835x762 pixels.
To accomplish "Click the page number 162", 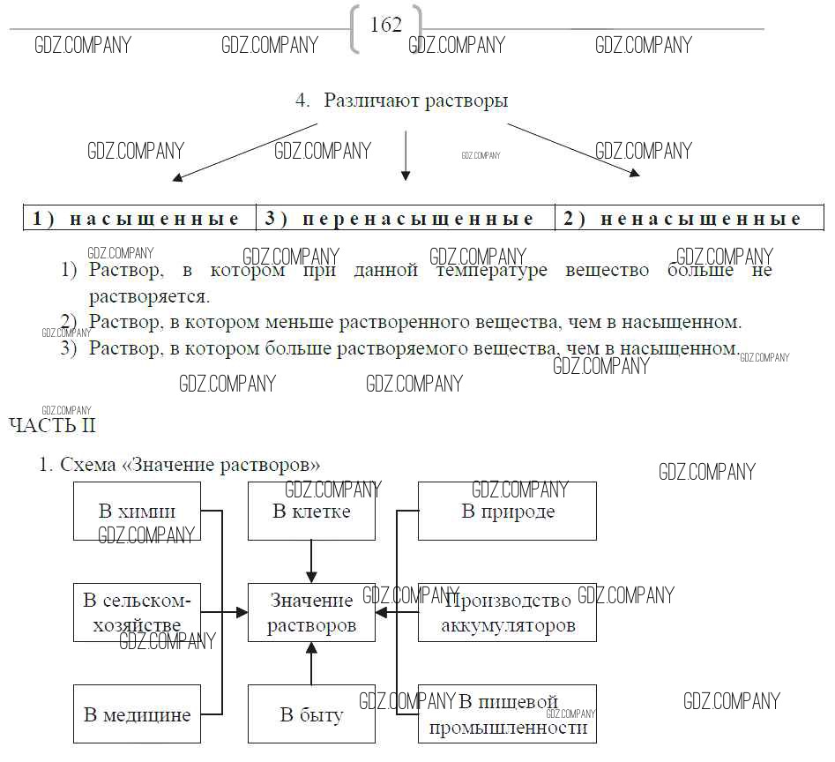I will (x=386, y=26).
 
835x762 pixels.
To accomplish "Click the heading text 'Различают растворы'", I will (x=415, y=101).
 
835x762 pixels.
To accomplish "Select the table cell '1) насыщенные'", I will (x=138, y=219).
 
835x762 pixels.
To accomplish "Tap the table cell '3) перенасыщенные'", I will (x=405, y=219).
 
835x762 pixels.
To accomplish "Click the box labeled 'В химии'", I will (x=137, y=512).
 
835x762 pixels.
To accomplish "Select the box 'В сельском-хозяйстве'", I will (x=137, y=612).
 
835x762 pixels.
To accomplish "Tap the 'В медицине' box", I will (x=137, y=714).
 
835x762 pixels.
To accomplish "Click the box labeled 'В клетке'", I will (x=311, y=512).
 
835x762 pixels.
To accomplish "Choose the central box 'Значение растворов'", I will (x=311, y=612).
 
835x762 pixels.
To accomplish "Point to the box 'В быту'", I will (x=311, y=714).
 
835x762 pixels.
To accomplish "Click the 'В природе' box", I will (x=508, y=512).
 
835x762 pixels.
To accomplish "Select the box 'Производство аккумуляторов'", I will (x=508, y=612).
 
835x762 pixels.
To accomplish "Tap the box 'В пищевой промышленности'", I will (x=508, y=714).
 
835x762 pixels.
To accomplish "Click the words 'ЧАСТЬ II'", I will (x=52, y=426).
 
